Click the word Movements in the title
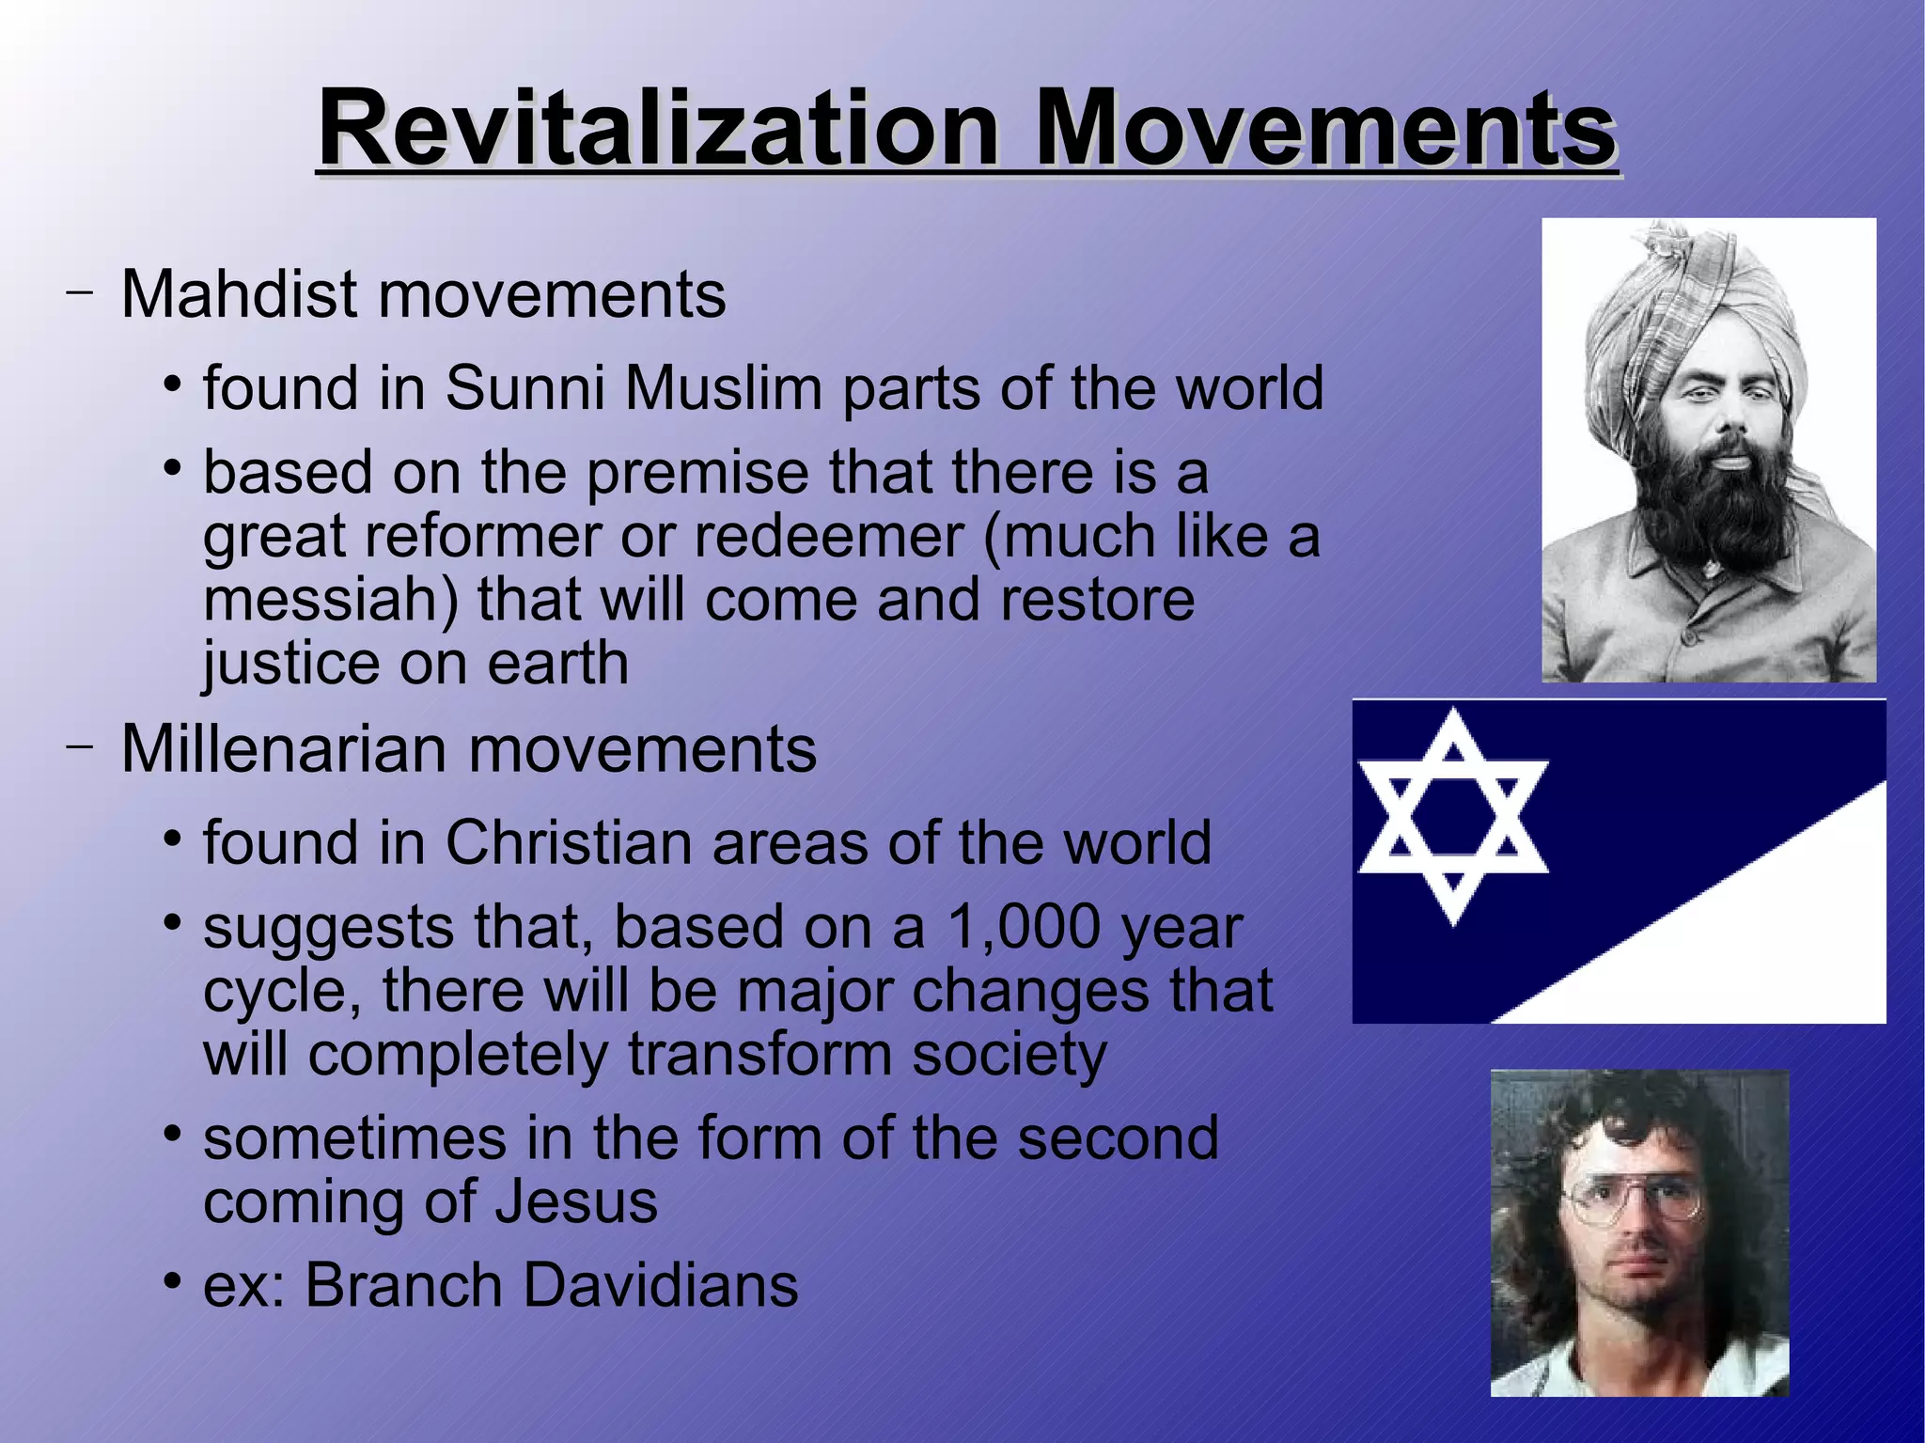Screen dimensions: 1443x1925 tap(1325, 128)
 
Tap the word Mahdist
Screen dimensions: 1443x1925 tap(239, 294)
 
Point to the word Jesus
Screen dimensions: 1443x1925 tap(577, 1201)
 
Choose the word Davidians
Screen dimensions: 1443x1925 tap(661, 1285)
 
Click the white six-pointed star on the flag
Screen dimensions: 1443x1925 tap(1453, 815)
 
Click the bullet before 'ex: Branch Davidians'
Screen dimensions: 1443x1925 tap(171, 1280)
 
